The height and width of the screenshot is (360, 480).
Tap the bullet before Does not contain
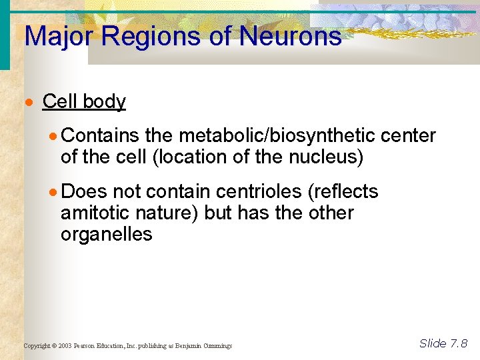(54, 193)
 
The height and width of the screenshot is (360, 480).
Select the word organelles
(106, 235)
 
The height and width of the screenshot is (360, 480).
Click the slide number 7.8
(459, 343)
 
